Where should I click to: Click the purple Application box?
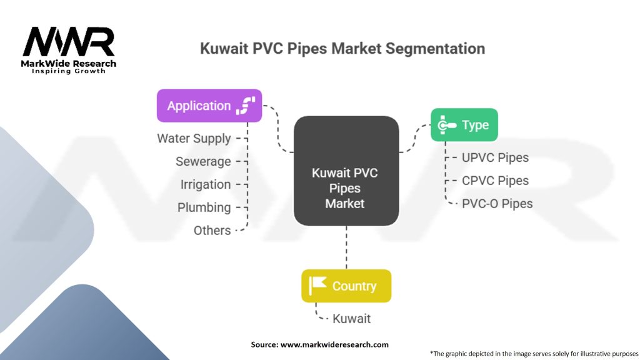pos(209,106)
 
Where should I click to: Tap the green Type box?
pos(464,125)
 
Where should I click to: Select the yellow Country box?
pos(346,286)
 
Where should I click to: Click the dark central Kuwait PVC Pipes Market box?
pos(346,171)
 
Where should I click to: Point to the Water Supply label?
pos(194,138)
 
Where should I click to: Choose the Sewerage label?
pos(203,162)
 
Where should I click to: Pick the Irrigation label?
pos(206,184)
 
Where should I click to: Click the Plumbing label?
pos(204,207)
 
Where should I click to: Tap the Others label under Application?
pos(212,231)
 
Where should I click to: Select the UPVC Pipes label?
pos(495,157)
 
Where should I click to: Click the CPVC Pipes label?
pos(495,181)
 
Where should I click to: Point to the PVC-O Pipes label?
pos(497,203)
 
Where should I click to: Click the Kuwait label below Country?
pos(351,318)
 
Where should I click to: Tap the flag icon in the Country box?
pos(317,285)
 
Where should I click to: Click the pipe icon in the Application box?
pos(246,106)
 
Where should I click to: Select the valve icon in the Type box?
pos(446,125)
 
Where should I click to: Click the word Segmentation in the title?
pos(435,49)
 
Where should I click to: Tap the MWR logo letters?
pos(69,42)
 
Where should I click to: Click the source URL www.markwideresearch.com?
pos(334,344)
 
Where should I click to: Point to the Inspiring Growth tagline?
pos(69,71)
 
